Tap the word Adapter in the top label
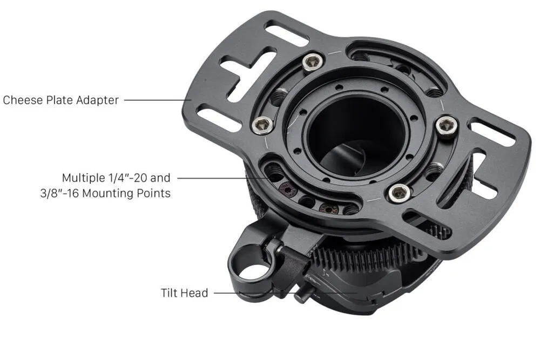[97, 100]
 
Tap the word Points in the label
[153, 193]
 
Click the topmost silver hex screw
[313, 63]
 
